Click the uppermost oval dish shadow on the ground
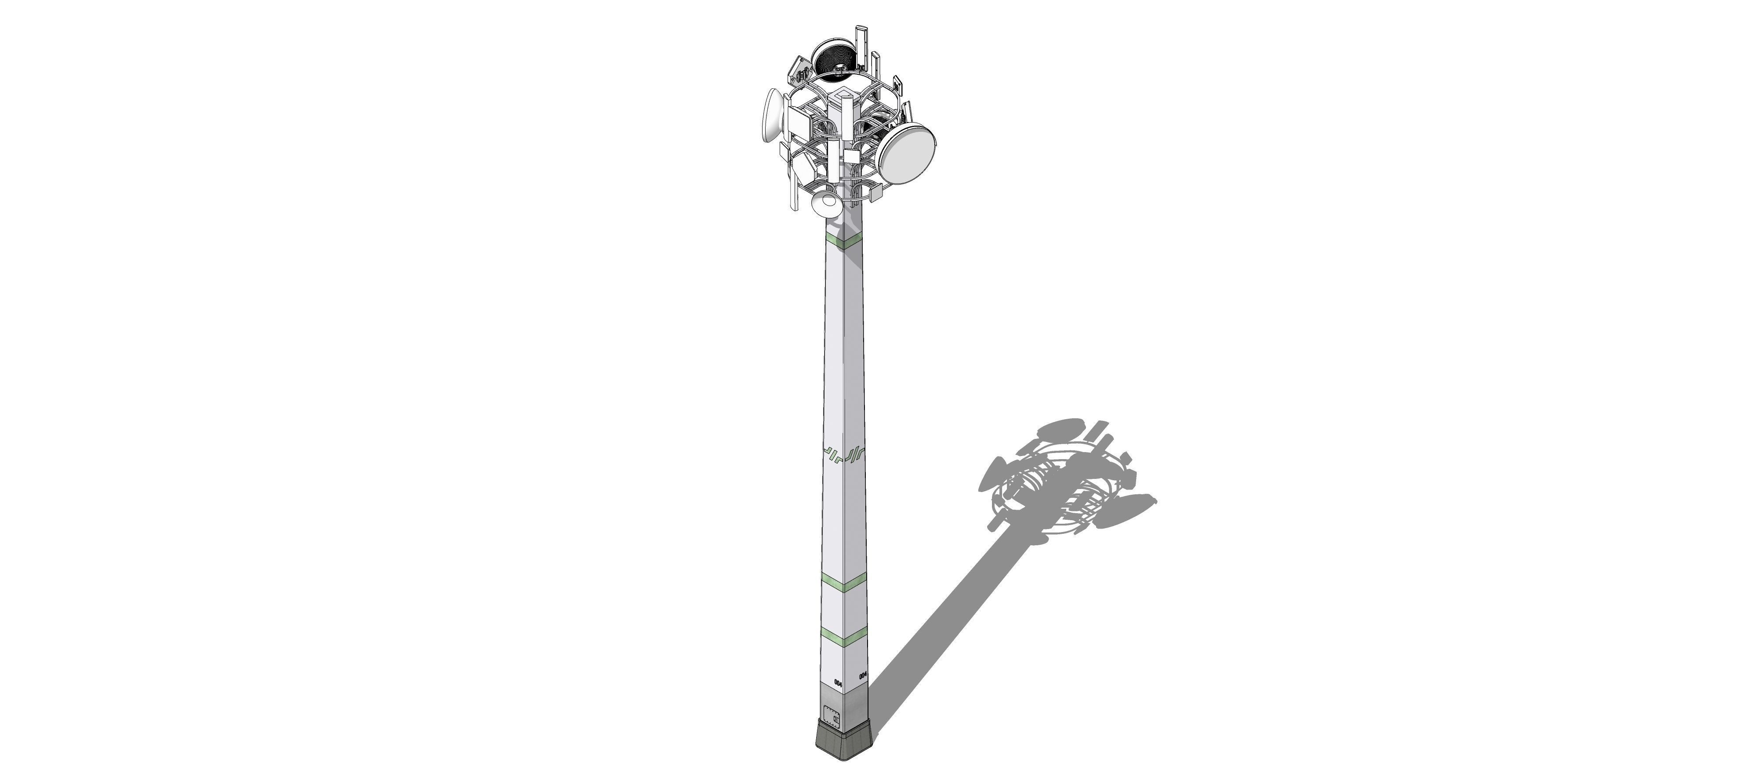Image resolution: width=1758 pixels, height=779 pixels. (1060, 428)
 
